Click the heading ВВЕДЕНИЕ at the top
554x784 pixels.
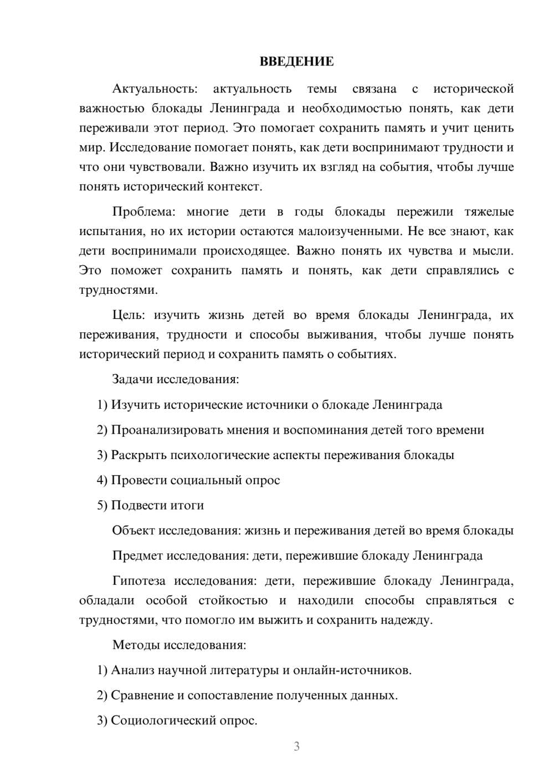296,62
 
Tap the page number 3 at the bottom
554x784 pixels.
296,746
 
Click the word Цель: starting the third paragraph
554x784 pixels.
129,315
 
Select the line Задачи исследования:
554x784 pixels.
176,379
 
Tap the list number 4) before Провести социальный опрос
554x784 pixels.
102,480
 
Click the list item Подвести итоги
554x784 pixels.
157,505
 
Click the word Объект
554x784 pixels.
134,531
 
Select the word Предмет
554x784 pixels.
137,556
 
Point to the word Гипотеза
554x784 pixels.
138,581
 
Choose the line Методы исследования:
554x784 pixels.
179,645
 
